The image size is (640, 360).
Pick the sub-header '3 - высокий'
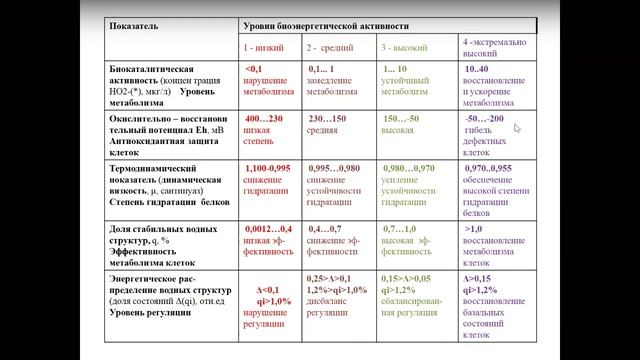[406, 46]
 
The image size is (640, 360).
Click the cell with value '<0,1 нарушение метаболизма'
[267, 80]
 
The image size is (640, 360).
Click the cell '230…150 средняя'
[327, 124]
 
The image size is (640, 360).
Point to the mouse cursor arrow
[517, 127]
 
